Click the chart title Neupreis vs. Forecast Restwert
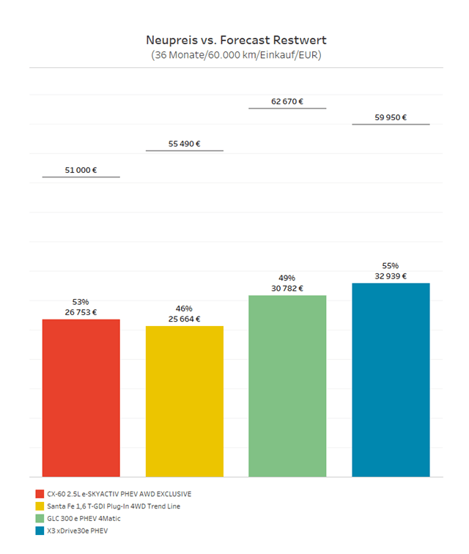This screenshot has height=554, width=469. coord(235,40)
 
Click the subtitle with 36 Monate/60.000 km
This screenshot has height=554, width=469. coord(235,55)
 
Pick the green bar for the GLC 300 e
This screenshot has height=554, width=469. coord(287,385)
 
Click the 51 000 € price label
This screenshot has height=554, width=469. coord(81,170)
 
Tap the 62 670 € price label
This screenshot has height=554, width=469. coord(287,102)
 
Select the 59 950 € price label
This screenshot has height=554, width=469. coord(391,117)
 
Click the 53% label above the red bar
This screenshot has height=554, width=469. coord(81,302)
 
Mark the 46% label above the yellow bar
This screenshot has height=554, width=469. coord(184,309)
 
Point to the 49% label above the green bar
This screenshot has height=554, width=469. coord(287,278)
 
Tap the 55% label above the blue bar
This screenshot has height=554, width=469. coord(391,266)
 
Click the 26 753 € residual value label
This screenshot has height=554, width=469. coord(81,312)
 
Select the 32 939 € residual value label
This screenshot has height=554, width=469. coord(391,276)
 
